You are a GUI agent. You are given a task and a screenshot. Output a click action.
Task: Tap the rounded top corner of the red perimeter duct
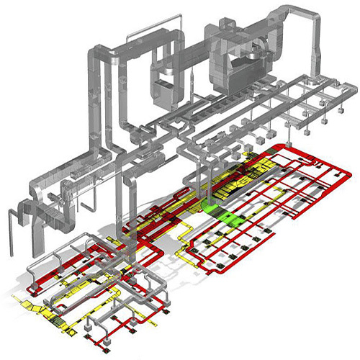[286, 143]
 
